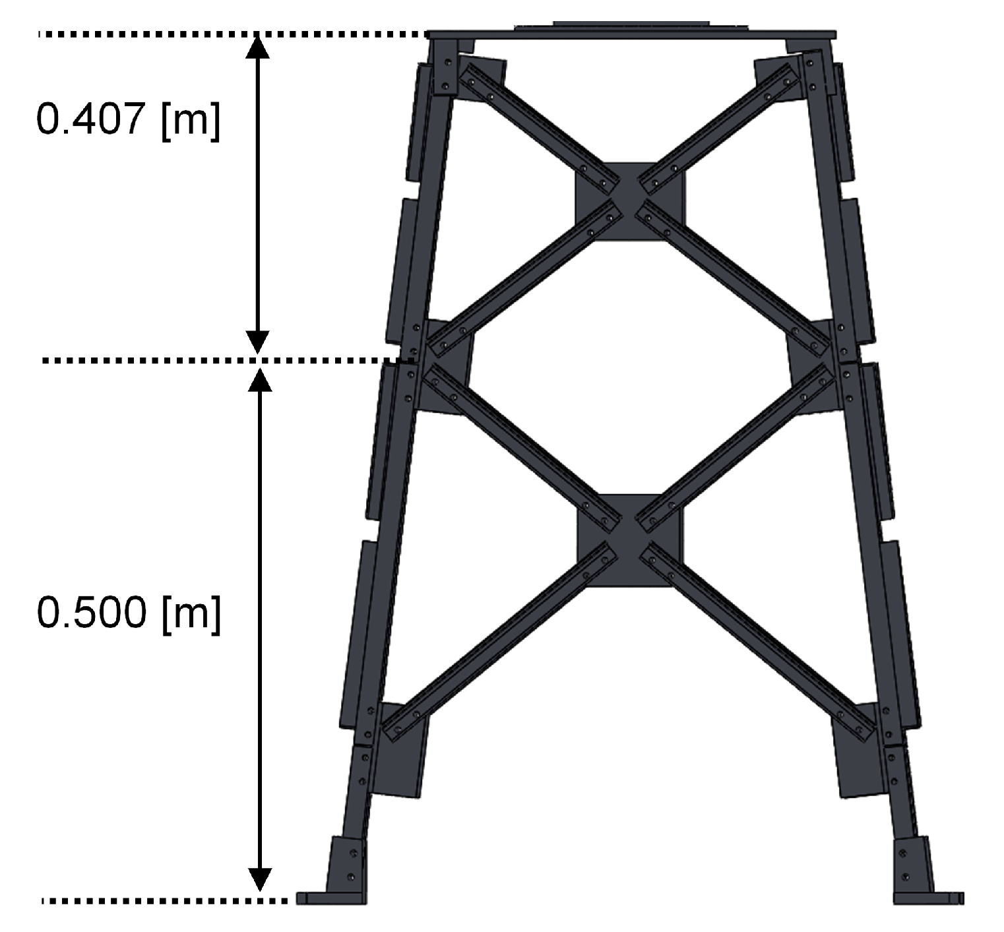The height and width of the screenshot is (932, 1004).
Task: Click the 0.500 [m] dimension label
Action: (x=129, y=613)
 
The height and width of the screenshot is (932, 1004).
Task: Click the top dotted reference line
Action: (x=231, y=34)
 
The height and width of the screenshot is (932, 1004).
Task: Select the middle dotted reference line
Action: (x=224, y=360)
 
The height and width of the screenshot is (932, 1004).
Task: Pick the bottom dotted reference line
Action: (x=165, y=900)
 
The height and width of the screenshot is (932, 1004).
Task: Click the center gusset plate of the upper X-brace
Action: (x=631, y=201)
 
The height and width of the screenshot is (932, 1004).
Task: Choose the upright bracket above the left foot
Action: (x=346, y=864)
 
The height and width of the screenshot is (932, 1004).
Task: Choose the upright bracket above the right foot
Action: (x=913, y=864)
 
